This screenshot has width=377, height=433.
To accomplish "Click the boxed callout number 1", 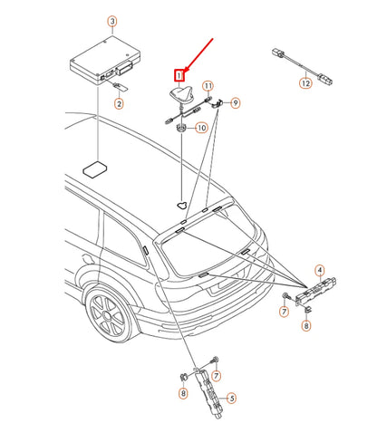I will tap(179, 76).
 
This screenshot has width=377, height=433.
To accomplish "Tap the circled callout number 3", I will tap(111, 21).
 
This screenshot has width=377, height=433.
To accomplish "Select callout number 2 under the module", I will tap(119, 104).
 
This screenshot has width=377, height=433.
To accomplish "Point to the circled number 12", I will tap(305, 84).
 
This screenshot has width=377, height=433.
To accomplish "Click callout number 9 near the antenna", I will tap(237, 103).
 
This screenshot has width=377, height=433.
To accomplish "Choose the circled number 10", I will tap(201, 129).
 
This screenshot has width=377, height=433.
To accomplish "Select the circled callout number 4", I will tap(320, 270).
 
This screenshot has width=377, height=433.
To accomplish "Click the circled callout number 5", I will tap(231, 397).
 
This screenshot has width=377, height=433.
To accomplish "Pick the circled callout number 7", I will tap(284, 313).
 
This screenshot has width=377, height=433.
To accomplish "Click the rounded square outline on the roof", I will tap(93, 168).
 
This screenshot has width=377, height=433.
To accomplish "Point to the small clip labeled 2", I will tap(121, 88).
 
